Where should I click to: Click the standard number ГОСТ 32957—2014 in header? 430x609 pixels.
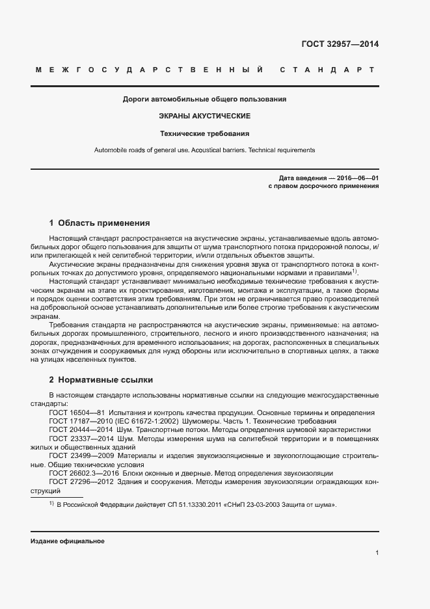pyautogui.click(x=340, y=44)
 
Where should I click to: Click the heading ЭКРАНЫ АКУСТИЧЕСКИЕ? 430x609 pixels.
pyautogui.click(x=204, y=116)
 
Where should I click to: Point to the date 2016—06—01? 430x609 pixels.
pyautogui.click(x=357, y=177)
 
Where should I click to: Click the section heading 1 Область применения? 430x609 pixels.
pyautogui.click(x=100, y=222)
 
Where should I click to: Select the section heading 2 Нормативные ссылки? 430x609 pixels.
pyautogui.click(x=101, y=379)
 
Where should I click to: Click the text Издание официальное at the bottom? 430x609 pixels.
pyautogui.click(x=67, y=541)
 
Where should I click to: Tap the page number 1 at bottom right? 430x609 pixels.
pyautogui.click(x=377, y=553)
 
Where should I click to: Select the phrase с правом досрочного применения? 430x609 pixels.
pyautogui.click(x=323, y=185)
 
